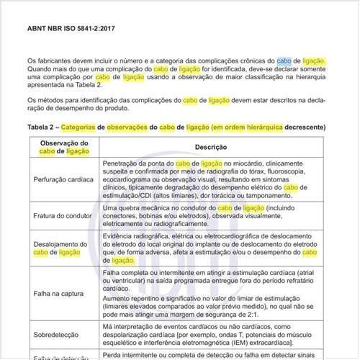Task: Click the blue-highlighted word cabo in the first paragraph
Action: click(x=284, y=61)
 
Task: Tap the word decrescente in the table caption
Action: click(x=306, y=127)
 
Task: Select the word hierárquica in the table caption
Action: click(x=260, y=127)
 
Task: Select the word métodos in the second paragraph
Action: click(x=53, y=99)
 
